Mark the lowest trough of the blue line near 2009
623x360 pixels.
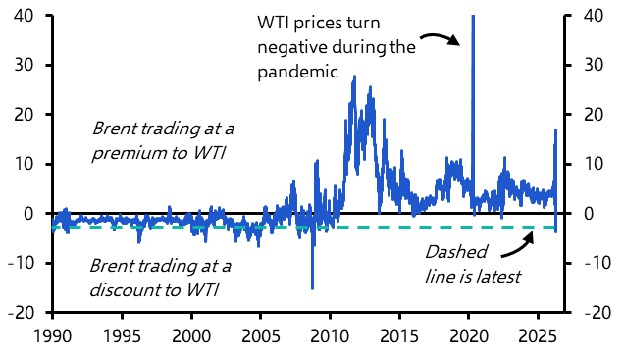pyautogui.click(x=313, y=289)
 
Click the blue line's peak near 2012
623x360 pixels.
pyautogui.click(x=354, y=77)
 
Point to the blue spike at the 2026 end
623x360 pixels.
pyautogui.click(x=556, y=130)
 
